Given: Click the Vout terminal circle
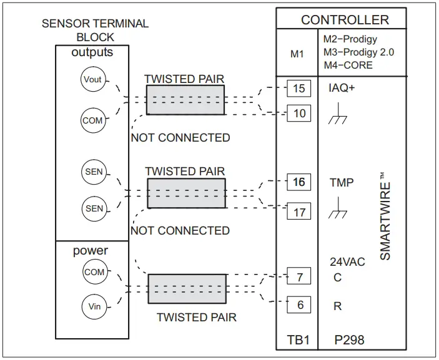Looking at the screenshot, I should click(92, 79).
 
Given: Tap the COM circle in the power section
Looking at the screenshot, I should click(94, 273).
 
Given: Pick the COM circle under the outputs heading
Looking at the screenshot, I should click(92, 120).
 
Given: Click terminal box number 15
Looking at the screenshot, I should click(299, 88).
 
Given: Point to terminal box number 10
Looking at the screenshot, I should click(299, 114).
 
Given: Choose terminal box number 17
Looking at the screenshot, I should click(299, 212).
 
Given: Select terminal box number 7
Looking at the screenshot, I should click(299, 275).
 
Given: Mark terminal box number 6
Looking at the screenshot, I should click(299, 306).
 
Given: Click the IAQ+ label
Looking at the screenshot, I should click(342, 88).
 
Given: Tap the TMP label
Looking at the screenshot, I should click(342, 183).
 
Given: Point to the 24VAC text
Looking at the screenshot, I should click(347, 262).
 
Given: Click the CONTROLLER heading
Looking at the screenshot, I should click(345, 20).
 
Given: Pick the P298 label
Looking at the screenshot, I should click(348, 341).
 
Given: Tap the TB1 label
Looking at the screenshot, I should click(298, 341).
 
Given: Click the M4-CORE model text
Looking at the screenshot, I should click(348, 65).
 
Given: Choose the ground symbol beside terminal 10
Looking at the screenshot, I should click(338, 116).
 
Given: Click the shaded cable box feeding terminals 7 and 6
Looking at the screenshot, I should click(187, 288).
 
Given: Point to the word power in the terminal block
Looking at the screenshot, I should click(91, 251).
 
